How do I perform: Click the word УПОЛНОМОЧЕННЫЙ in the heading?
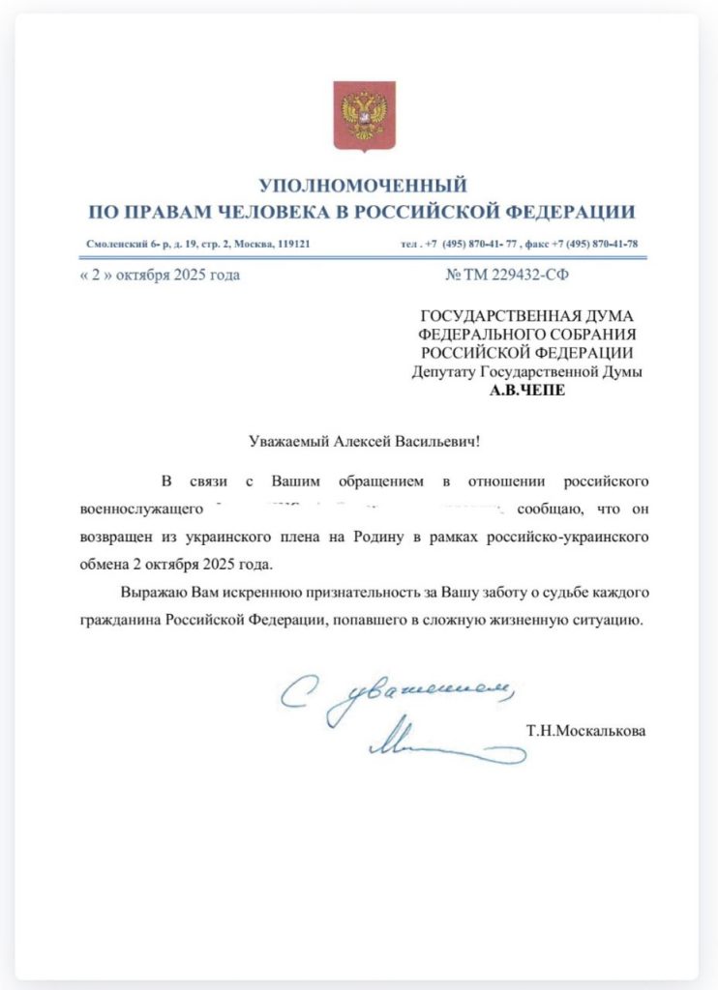coord(363,185)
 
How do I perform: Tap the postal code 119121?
coord(290,245)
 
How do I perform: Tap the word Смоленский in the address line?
coord(113,245)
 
